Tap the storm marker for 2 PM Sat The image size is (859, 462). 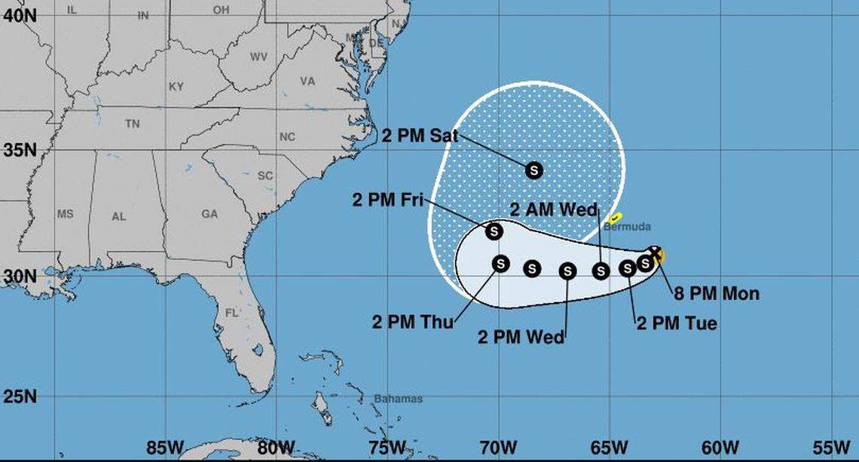pos(534,170)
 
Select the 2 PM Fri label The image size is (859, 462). pos(388,200)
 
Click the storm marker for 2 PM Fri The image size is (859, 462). pos(494,231)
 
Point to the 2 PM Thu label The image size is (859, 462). pos(413,323)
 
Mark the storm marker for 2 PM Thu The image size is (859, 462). pos(500,263)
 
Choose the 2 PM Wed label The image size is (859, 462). pos(521,337)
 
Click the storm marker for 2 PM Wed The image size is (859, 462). pos(567,271)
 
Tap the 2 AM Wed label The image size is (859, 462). pos(553,210)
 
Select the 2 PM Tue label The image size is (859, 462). pos(676,324)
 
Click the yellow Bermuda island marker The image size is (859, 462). pos(616,218)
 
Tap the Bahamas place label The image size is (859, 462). pos(399,399)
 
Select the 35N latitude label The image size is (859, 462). pos(19,149)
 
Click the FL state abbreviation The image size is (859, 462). pos(232,312)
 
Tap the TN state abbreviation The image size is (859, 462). pos(133,124)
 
